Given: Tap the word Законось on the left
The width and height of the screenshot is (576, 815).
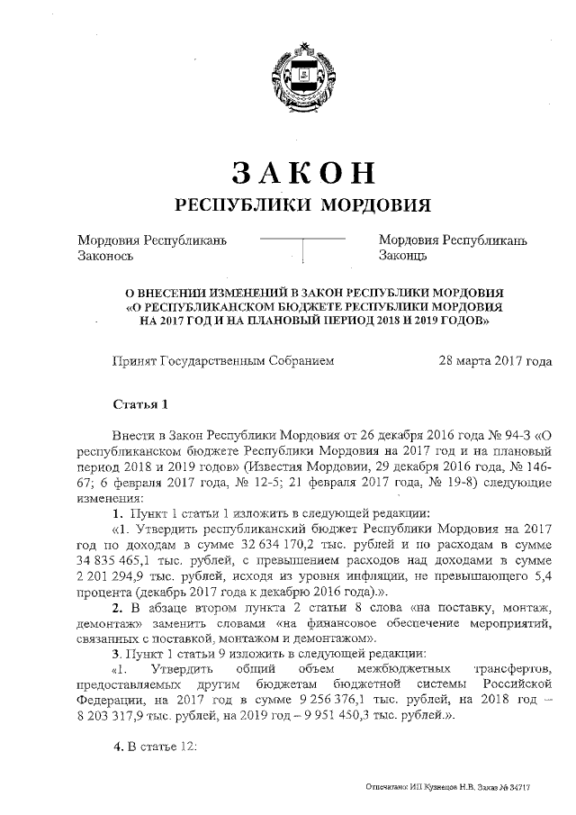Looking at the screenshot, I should [105, 256].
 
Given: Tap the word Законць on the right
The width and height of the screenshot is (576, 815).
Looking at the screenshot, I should [402, 256].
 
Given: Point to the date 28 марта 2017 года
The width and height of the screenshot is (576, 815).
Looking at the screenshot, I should [494, 360].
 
